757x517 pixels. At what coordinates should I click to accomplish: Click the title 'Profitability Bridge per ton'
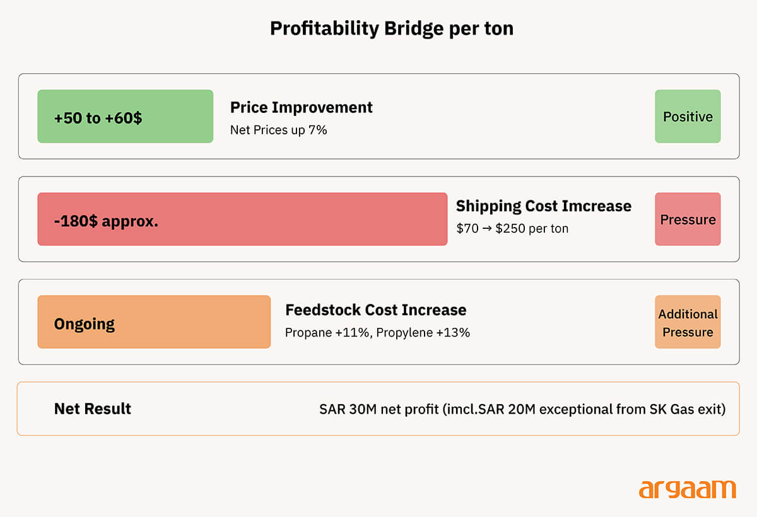pos(392,29)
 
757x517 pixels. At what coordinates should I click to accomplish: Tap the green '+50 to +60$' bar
pos(126,116)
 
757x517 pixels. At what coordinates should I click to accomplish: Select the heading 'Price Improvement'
pos(301,108)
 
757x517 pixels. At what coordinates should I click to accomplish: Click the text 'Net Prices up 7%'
pos(278,130)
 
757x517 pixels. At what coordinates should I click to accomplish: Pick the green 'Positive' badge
pos(688,116)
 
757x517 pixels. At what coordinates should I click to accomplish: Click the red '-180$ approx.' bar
pos(242,219)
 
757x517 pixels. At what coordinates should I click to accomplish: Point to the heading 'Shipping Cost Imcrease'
pos(543,207)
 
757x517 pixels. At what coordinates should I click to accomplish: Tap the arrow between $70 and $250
pos(487,229)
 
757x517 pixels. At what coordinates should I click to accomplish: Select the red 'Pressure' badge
pos(688,219)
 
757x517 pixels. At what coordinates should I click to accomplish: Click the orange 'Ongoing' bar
pos(154,322)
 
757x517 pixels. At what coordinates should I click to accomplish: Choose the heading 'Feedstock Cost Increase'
pos(376,310)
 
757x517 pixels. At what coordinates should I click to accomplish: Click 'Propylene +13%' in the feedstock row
pos(423,333)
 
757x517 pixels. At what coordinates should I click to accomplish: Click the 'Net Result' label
pos(92,409)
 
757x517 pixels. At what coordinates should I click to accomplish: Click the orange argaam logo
pos(687,489)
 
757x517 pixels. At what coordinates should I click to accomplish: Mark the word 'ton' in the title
pos(499,29)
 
